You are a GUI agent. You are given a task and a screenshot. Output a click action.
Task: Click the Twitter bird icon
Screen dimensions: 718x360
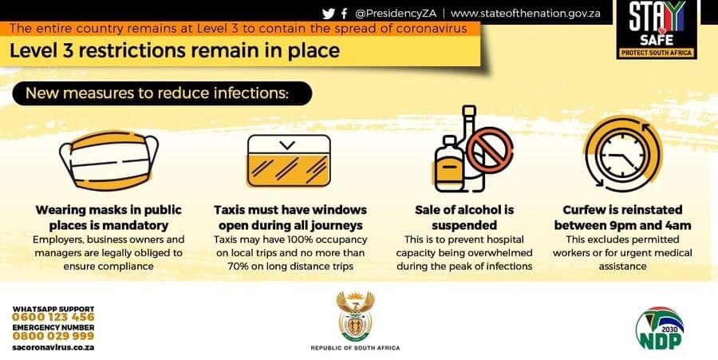click(x=329, y=14)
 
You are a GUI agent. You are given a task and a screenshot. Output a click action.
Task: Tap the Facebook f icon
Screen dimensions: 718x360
click(x=345, y=14)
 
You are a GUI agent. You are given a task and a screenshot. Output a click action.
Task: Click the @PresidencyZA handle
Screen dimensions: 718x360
click(x=396, y=14)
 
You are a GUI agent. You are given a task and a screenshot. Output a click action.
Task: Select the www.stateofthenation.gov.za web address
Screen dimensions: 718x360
click(x=525, y=14)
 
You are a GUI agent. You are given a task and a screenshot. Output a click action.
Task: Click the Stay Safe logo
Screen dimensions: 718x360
click(x=657, y=30)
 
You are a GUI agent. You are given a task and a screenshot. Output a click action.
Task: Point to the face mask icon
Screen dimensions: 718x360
click(x=109, y=160)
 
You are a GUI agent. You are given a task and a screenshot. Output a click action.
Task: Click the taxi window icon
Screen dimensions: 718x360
click(x=289, y=160)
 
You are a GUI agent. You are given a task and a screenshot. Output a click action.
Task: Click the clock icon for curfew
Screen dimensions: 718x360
click(x=623, y=153)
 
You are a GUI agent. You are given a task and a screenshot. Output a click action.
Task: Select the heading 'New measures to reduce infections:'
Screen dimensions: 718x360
click(x=157, y=93)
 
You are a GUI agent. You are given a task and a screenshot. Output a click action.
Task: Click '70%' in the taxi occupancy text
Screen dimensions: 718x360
click(x=238, y=266)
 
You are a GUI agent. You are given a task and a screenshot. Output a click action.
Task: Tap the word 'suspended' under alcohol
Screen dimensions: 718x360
click(x=464, y=225)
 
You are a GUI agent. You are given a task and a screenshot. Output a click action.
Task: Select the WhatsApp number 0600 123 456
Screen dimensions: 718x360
click(x=53, y=317)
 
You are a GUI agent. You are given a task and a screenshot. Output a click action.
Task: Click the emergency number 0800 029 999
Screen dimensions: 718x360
click(x=53, y=336)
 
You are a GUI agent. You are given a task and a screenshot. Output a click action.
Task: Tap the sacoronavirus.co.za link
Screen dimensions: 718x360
click(x=53, y=347)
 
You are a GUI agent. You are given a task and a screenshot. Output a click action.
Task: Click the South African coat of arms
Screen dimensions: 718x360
click(x=355, y=316)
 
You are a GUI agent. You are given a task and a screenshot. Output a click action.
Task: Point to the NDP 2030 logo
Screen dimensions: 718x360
click(x=660, y=328)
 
